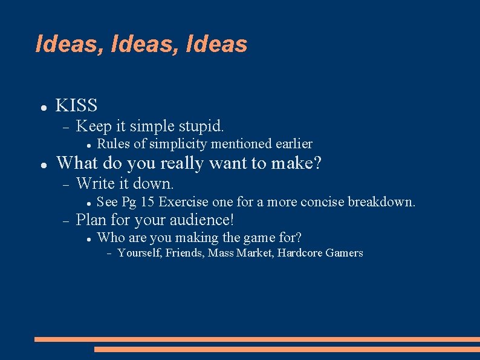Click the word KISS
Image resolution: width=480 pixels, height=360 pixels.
point(76,105)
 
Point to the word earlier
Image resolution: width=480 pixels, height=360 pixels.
point(294,144)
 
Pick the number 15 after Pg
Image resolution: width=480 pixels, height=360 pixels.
point(147,201)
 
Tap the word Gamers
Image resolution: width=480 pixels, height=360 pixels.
point(345,253)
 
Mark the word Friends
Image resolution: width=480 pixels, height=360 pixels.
point(184,253)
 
